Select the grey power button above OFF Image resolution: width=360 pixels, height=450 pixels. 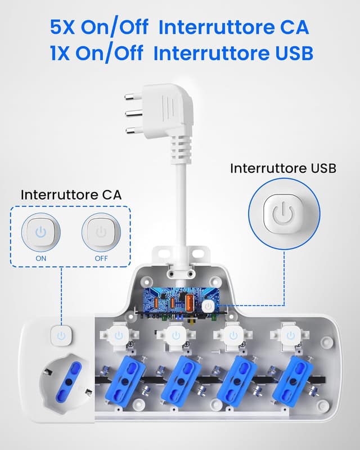[101, 231]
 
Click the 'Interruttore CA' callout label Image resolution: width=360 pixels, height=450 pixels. [71, 195]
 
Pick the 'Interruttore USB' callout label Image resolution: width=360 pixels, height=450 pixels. [283, 168]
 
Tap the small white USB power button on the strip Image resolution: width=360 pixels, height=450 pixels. [208, 305]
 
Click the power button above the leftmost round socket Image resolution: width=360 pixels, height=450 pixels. [61, 336]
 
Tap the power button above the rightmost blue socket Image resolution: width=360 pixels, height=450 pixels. [290, 336]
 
